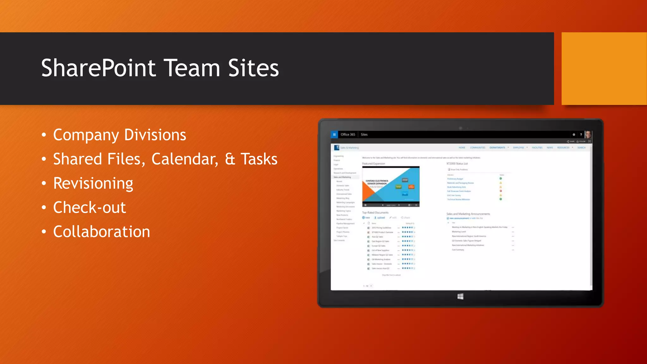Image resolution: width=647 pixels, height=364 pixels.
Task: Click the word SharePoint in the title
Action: (x=98, y=68)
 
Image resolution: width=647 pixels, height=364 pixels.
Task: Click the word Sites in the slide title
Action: (x=253, y=68)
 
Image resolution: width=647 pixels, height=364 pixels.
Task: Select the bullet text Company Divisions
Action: (x=119, y=135)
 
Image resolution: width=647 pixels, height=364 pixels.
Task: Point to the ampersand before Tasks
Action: (x=230, y=159)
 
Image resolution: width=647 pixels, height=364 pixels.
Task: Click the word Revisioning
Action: (x=93, y=183)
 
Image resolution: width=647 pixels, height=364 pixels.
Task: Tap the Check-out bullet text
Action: (x=89, y=208)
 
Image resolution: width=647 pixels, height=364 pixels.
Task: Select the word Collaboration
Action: (x=101, y=232)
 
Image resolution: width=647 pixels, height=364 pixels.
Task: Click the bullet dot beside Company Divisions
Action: (x=44, y=135)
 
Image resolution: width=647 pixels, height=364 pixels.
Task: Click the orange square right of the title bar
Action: (x=604, y=69)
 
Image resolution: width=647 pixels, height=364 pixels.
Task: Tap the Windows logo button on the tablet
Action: (x=460, y=296)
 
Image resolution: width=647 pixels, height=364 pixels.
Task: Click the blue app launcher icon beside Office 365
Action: (x=334, y=135)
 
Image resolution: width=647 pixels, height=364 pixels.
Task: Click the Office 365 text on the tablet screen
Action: (x=348, y=135)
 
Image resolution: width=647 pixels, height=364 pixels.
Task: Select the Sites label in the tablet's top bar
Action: (x=364, y=135)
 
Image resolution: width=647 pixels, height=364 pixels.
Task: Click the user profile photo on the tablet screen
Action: (x=588, y=135)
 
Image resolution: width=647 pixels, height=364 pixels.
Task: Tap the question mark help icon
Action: (x=581, y=135)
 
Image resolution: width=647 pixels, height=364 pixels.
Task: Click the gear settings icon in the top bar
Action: (x=574, y=135)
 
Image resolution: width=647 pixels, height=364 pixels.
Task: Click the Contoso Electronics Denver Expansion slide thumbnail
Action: (x=391, y=185)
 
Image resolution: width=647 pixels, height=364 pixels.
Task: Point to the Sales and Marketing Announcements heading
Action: (x=468, y=214)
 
